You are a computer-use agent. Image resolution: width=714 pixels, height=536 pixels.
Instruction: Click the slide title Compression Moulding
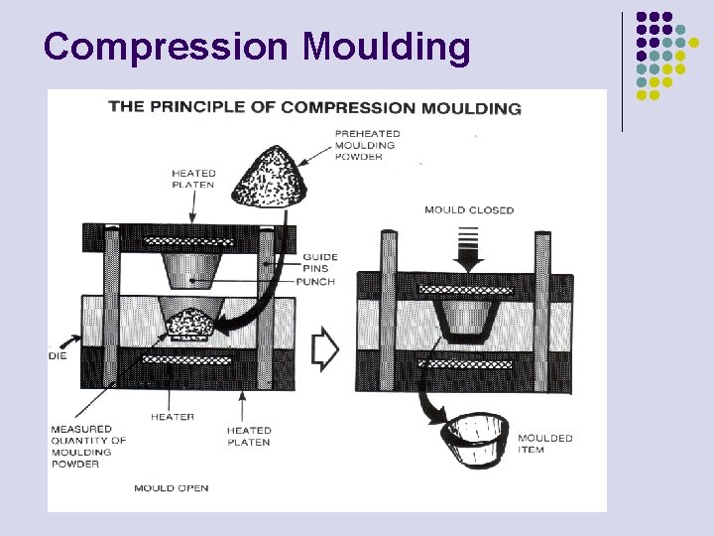[x=257, y=47]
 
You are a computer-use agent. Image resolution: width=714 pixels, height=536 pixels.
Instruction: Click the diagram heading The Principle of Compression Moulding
[x=314, y=107]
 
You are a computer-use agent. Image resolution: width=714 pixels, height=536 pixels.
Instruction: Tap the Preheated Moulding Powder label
[x=367, y=145]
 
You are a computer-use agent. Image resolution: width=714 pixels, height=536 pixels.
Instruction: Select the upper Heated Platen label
[x=192, y=180]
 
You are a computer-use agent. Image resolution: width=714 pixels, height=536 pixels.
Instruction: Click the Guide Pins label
[x=320, y=263]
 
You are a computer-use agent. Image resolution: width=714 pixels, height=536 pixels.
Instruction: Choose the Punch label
[x=317, y=282]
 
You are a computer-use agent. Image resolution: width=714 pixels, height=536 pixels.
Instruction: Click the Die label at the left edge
[x=58, y=355]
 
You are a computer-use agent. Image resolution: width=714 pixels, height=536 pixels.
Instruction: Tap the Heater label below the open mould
[x=173, y=417]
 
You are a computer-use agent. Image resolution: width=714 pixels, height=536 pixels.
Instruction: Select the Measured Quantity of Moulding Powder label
[x=88, y=447]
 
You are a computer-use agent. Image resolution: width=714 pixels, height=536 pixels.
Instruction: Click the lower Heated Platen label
[x=248, y=437]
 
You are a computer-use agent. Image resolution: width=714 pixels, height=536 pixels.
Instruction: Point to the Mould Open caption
[x=172, y=488]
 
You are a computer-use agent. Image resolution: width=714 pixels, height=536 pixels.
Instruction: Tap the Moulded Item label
[x=544, y=444]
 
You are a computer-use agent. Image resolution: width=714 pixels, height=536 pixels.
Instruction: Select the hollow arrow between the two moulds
[x=325, y=347]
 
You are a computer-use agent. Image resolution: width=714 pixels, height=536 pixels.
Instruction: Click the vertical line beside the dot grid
[x=623, y=71]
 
